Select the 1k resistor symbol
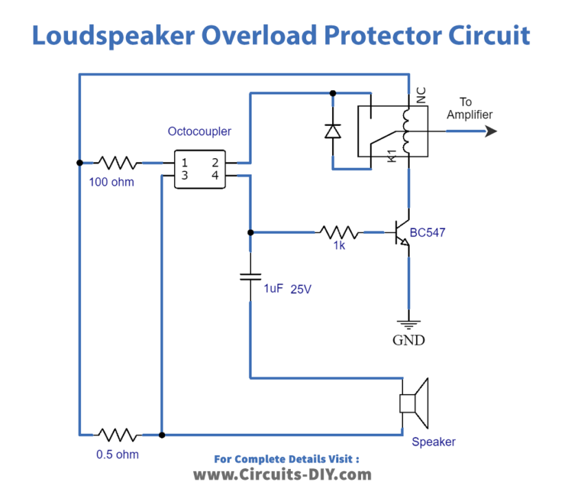click(x=338, y=232)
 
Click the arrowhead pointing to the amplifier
click(x=490, y=131)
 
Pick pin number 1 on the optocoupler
click(x=185, y=163)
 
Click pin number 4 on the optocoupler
click(x=215, y=176)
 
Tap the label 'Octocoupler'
click(x=199, y=131)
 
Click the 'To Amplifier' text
click(x=469, y=109)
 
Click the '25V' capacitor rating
click(x=300, y=289)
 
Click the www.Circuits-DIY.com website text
click(x=282, y=474)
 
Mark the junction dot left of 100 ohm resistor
click(x=80, y=163)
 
